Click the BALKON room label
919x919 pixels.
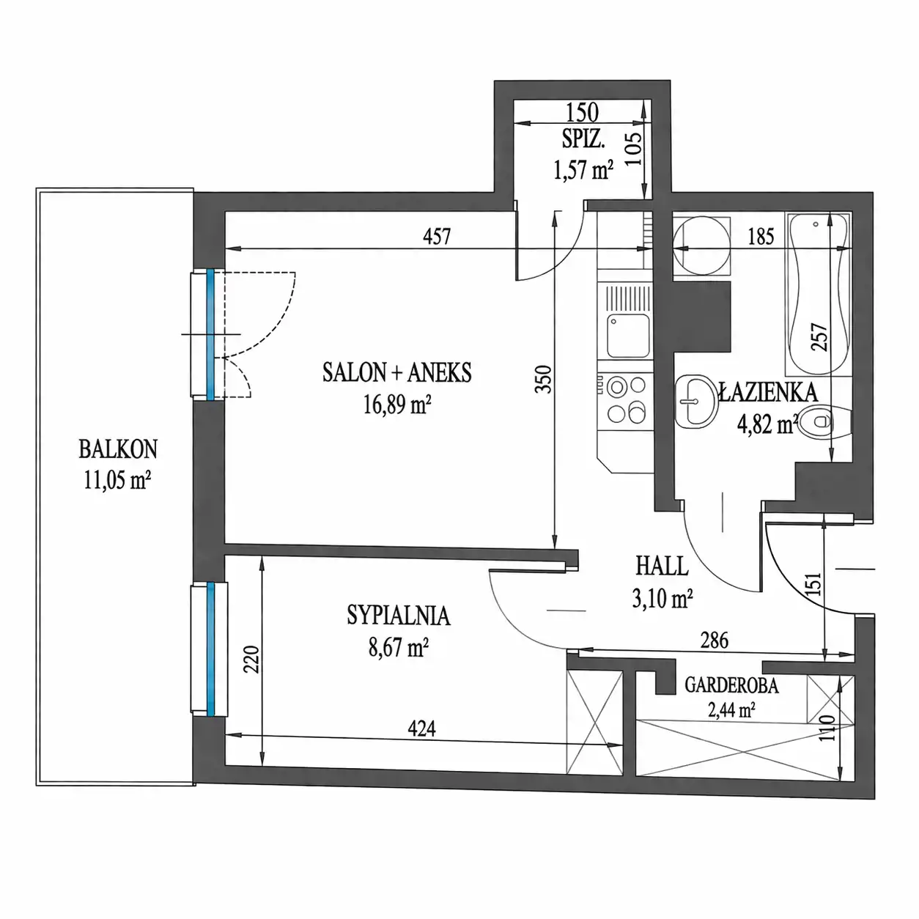click(118, 449)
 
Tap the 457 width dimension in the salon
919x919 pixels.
click(436, 236)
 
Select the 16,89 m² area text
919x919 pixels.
click(397, 405)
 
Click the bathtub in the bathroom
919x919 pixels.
click(819, 294)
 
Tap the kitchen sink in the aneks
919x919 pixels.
click(628, 335)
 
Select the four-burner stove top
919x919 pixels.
click(627, 399)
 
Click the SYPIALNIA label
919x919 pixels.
click(398, 616)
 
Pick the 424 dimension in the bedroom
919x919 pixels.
click(421, 728)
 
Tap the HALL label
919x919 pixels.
click(662, 566)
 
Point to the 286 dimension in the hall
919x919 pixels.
click(714, 641)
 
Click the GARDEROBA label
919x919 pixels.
click(731, 685)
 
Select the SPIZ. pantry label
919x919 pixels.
click(584, 140)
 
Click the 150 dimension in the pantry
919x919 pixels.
click(582, 113)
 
